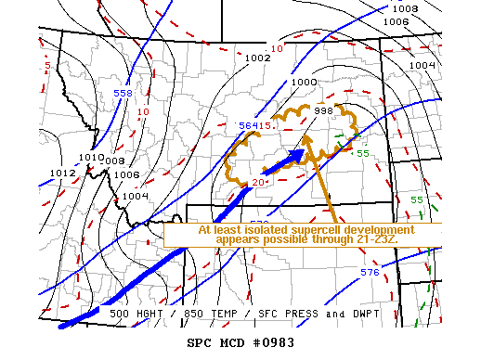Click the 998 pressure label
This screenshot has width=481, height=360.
pyautogui.click(x=323, y=110)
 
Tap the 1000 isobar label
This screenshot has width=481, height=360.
pyautogui.click(x=304, y=82)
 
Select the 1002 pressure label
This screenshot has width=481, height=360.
pyautogui.click(x=257, y=58)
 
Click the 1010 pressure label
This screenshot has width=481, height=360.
pyautogui.click(x=91, y=158)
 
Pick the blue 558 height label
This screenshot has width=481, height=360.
pyautogui.click(x=123, y=94)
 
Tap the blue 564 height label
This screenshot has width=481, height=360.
pyautogui.click(x=247, y=126)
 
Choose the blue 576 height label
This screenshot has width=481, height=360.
pyautogui.click(x=370, y=272)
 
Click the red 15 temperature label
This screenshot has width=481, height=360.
pyautogui.click(x=264, y=125)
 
